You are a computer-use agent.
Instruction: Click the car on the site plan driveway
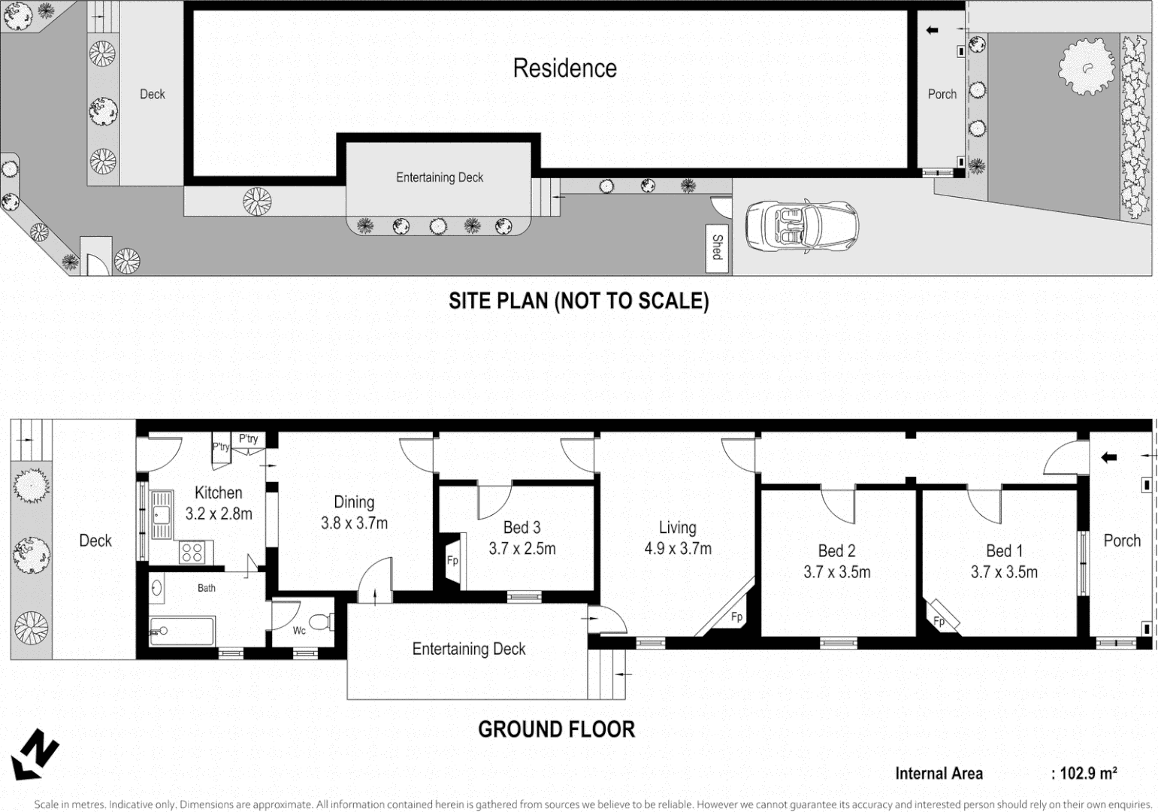(802, 226)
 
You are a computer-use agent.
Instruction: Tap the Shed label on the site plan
(718, 246)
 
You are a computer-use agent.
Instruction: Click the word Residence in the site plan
(564, 68)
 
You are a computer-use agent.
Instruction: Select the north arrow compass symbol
(35, 754)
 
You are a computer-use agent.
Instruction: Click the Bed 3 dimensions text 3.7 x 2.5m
(522, 549)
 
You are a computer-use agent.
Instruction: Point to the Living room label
(677, 528)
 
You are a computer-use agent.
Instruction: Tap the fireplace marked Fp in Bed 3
(452, 560)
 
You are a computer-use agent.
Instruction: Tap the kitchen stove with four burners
(192, 553)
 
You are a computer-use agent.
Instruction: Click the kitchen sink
(161, 514)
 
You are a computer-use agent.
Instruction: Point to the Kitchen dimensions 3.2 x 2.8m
(219, 514)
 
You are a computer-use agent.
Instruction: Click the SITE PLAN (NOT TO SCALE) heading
(579, 301)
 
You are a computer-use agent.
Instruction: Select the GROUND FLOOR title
(556, 729)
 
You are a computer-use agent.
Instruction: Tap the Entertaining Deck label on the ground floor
(469, 649)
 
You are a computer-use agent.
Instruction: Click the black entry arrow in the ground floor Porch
(1108, 457)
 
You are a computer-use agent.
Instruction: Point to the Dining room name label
(354, 502)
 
